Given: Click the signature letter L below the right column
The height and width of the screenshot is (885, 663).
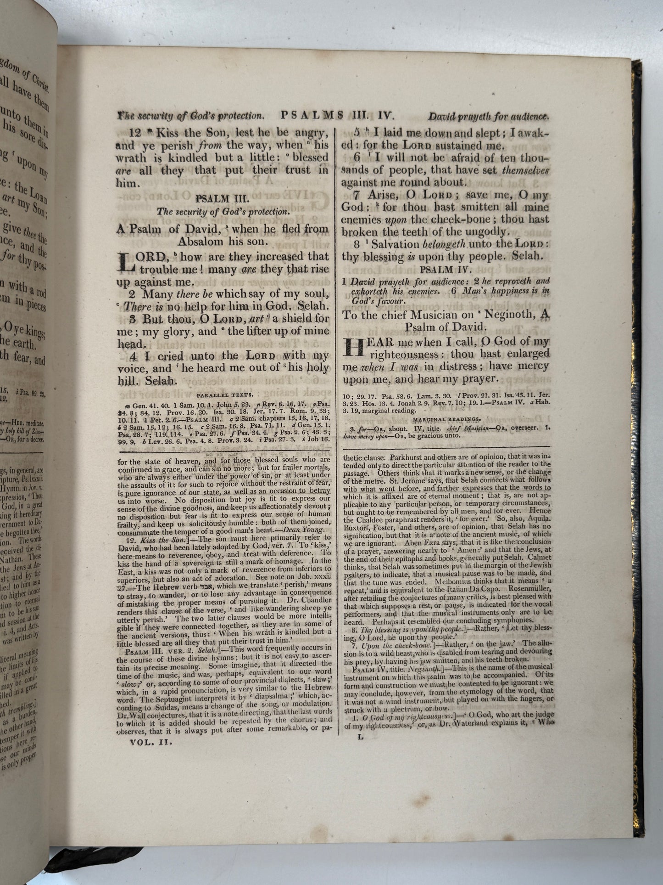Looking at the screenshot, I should point(360,737).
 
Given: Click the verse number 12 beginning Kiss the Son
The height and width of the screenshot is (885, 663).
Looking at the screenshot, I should point(136,133).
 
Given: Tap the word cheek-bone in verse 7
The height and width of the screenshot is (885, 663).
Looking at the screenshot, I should point(469,220).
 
